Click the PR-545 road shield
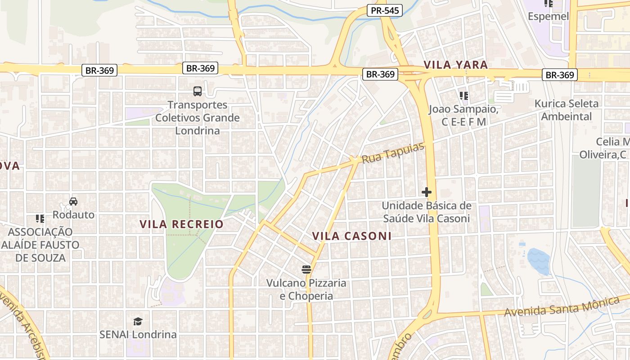pyautogui.click(x=384, y=10)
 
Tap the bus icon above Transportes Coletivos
pyautogui.click(x=197, y=91)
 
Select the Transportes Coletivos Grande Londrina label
pyautogui.click(x=197, y=117)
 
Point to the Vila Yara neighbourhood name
pyautogui.click(x=455, y=65)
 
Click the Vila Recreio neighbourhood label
pyautogui.click(x=181, y=224)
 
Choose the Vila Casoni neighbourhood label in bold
pyautogui.click(x=351, y=236)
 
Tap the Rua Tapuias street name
pyautogui.click(x=393, y=153)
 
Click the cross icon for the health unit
pyautogui.click(x=426, y=192)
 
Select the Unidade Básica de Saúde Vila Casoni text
pyautogui.click(x=426, y=212)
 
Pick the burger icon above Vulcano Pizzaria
pyautogui.click(x=306, y=270)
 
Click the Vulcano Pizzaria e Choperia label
pyautogui.click(x=306, y=289)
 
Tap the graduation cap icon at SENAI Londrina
pyautogui.click(x=138, y=321)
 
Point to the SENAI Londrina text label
pyautogui.click(x=138, y=335)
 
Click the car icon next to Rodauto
pyautogui.click(x=73, y=201)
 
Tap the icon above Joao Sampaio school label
pyautogui.click(x=463, y=95)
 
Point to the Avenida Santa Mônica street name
pyautogui.click(x=562, y=306)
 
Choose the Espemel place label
pyautogui.click(x=548, y=17)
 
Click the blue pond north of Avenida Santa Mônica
pyautogui.click(x=538, y=261)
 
